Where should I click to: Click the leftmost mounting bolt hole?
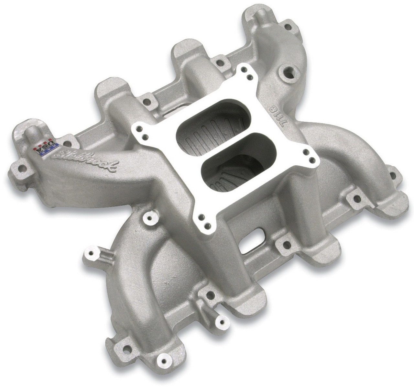(21, 168)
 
